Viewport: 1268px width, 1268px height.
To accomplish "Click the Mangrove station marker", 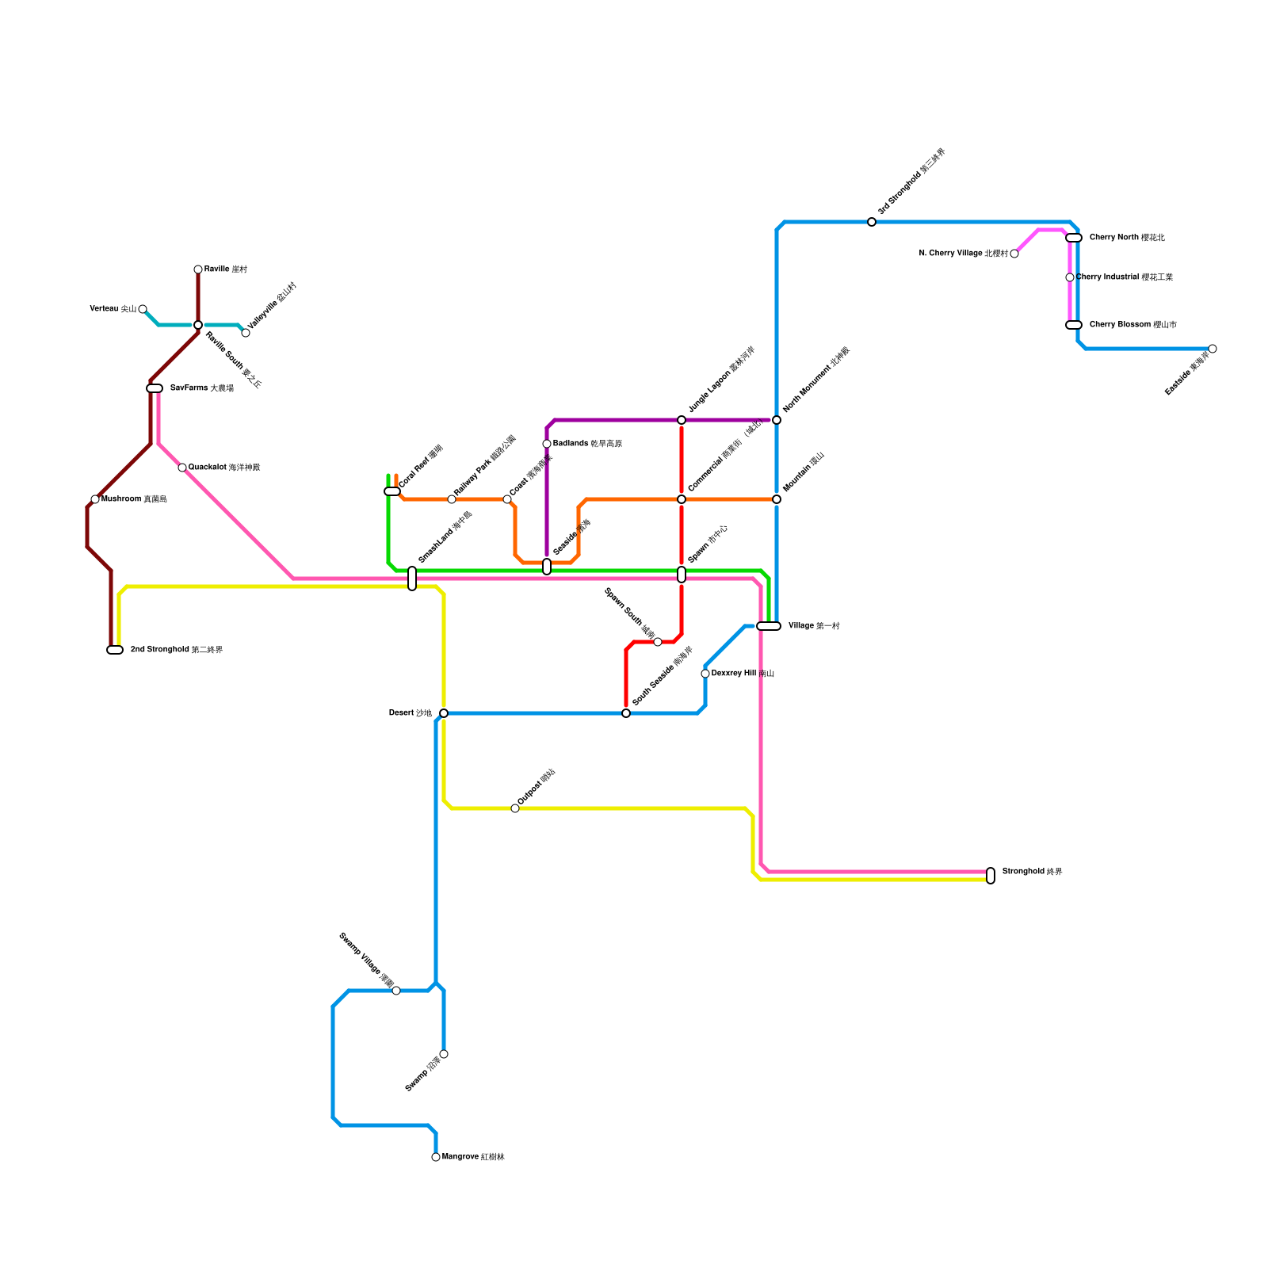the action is coord(436,1157).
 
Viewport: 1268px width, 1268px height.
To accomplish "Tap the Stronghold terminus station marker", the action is coord(991,876).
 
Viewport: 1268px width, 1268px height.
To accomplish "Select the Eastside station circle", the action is coord(1213,349).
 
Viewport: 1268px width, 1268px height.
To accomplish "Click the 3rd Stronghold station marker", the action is coord(872,222).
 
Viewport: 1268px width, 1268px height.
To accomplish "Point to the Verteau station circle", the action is coord(143,309).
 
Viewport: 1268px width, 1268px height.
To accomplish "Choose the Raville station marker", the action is coord(198,269).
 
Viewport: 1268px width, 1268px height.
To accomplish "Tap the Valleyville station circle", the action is coord(246,333).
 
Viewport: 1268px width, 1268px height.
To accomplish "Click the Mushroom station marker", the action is coord(95,499).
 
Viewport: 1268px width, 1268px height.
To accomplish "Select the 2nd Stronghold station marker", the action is coord(115,650).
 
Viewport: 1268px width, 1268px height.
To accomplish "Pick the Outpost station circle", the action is coord(515,808).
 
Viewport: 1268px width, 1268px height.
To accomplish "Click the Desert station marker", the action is coord(444,713).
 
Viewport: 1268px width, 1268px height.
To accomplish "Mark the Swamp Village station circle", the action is coord(396,991).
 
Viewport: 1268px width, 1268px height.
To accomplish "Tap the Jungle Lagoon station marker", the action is coord(682,420).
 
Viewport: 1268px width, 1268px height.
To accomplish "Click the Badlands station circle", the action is coord(547,444).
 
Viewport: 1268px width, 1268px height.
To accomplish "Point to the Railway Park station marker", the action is coord(452,499).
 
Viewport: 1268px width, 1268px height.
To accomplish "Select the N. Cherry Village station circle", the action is coord(1014,254).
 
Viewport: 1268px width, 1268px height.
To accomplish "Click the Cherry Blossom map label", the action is coord(1132,325).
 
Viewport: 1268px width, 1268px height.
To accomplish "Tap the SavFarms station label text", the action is coord(201,388).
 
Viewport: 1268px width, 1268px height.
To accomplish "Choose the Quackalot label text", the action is coord(223,468).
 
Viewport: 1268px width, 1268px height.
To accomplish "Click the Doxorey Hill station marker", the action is coord(705,674).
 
